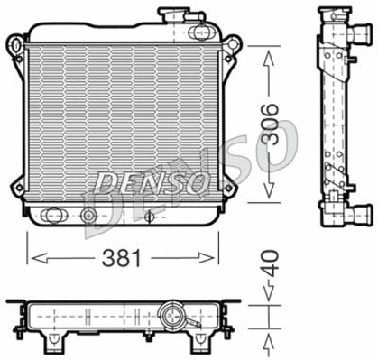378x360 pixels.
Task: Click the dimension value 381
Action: pyautogui.click(x=123, y=257)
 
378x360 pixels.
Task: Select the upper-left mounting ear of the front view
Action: pyautogui.click(x=15, y=43)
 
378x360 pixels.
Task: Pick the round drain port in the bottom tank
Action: pyautogui.click(x=88, y=216)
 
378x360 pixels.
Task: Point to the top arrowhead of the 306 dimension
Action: pyautogui.click(x=268, y=56)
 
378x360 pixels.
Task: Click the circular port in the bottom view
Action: pyautogui.click(x=170, y=317)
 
